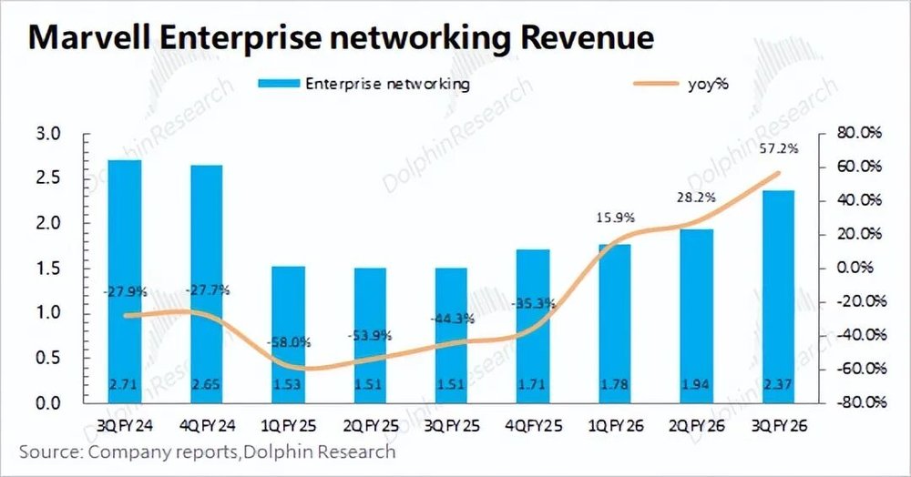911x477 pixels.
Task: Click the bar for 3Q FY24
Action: [x=124, y=281]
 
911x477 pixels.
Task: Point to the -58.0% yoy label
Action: [x=290, y=342]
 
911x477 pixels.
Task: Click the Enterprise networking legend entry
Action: [x=386, y=84]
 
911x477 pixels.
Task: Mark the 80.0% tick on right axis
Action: [x=860, y=134]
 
